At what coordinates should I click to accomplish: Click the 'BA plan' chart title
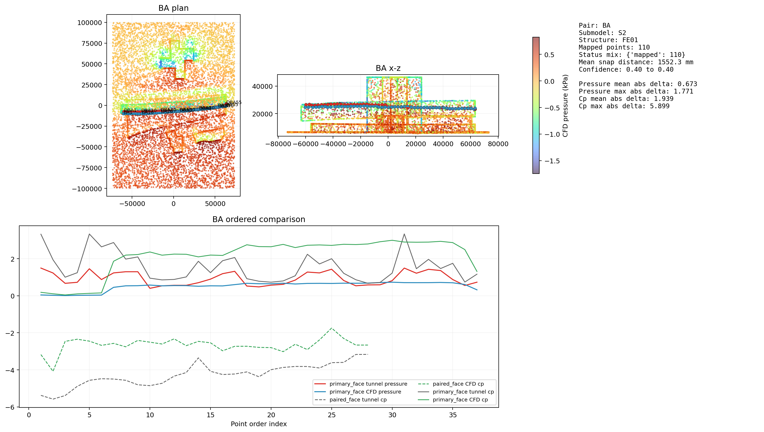coord(173,8)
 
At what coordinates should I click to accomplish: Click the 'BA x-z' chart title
coord(388,68)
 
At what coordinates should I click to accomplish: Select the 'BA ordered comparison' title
coord(258,219)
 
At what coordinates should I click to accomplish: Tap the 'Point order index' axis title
coord(258,424)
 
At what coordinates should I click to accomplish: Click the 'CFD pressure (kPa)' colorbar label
coord(565,106)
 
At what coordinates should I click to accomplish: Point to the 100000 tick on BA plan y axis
coord(89,23)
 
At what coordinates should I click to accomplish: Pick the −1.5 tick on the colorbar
coord(552,161)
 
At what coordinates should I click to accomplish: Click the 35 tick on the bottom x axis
coord(453,415)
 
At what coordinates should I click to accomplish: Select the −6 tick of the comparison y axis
coord(10,407)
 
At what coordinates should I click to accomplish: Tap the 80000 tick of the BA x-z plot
coord(498,144)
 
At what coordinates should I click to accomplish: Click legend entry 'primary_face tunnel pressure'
coord(368,384)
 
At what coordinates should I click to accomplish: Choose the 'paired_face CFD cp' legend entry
coord(458,384)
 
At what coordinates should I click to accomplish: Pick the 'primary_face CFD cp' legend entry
coord(460,400)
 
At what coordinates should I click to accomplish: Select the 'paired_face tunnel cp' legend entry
coord(358,400)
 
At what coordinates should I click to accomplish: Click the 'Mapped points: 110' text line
coord(614,47)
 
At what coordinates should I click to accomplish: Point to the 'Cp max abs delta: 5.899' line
coord(624,106)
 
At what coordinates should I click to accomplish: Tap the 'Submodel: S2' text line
coord(602,33)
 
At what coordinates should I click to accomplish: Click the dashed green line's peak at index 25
coord(332,328)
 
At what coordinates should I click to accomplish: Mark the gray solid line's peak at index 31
coord(404,234)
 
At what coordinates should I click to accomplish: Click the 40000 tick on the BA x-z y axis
coord(262,86)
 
